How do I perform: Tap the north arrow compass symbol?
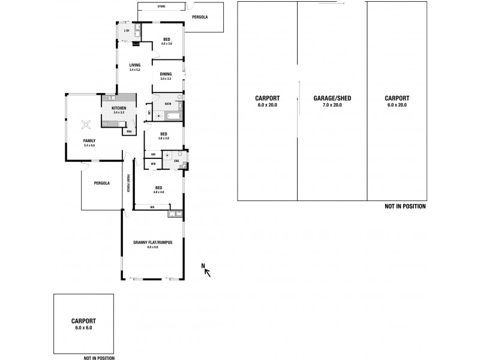click(207, 271)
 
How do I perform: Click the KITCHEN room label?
click(118, 107)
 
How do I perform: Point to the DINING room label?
click(166, 74)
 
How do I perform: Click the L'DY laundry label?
click(127, 31)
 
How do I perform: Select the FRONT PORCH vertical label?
click(128, 182)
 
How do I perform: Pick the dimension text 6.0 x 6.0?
click(83, 328)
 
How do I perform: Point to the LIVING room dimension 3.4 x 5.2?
click(134, 70)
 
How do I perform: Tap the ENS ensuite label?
click(177, 161)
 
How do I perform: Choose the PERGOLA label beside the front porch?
click(101, 183)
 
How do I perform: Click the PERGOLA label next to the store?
click(200, 17)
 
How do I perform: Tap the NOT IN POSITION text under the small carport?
click(99, 358)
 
